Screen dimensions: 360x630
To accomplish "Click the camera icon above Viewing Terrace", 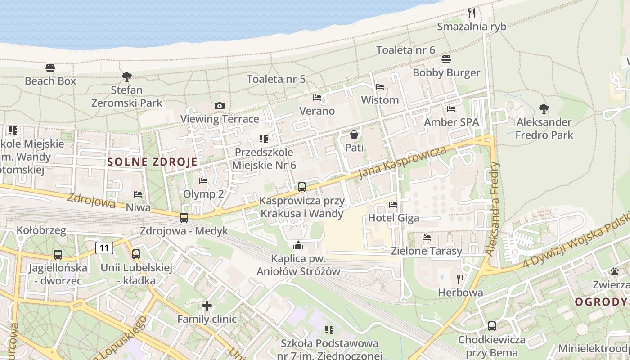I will click(x=220, y=106).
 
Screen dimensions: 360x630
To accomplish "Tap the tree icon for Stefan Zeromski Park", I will click(x=127, y=77).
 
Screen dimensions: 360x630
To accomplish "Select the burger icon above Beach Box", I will click(x=50, y=68).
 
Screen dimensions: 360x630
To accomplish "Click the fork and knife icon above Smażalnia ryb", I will click(x=472, y=13).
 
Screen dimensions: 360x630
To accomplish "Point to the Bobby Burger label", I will click(x=446, y=72).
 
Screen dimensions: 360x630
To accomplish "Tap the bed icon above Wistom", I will click(x=380, y=87).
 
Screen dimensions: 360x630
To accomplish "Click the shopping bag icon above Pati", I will click(x=354, y=134).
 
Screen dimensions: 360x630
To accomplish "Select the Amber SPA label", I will click(x=451, y=122).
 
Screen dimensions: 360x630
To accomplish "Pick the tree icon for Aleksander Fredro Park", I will click(x=544, y=108).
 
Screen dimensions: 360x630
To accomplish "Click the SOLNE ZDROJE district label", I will click(x=153, y=162).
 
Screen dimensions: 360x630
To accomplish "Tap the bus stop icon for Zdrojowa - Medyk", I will click(x=184, y=218).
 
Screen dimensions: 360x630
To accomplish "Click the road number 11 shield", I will click(x=104, y=247).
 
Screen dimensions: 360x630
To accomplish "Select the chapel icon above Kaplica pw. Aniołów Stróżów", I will click(x=298, y=245).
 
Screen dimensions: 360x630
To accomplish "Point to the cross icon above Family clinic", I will click(x=207, y=306).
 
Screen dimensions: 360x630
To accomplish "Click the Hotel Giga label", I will click(x=393, y=218).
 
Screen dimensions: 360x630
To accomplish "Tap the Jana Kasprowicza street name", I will click(x=403, y=162).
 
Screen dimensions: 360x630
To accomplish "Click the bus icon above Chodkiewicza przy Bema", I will click(x=492, y=326).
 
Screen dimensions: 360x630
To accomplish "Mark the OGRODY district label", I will click(x=601, y=301).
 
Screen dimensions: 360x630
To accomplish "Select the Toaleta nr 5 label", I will click(x=276, y=79).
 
